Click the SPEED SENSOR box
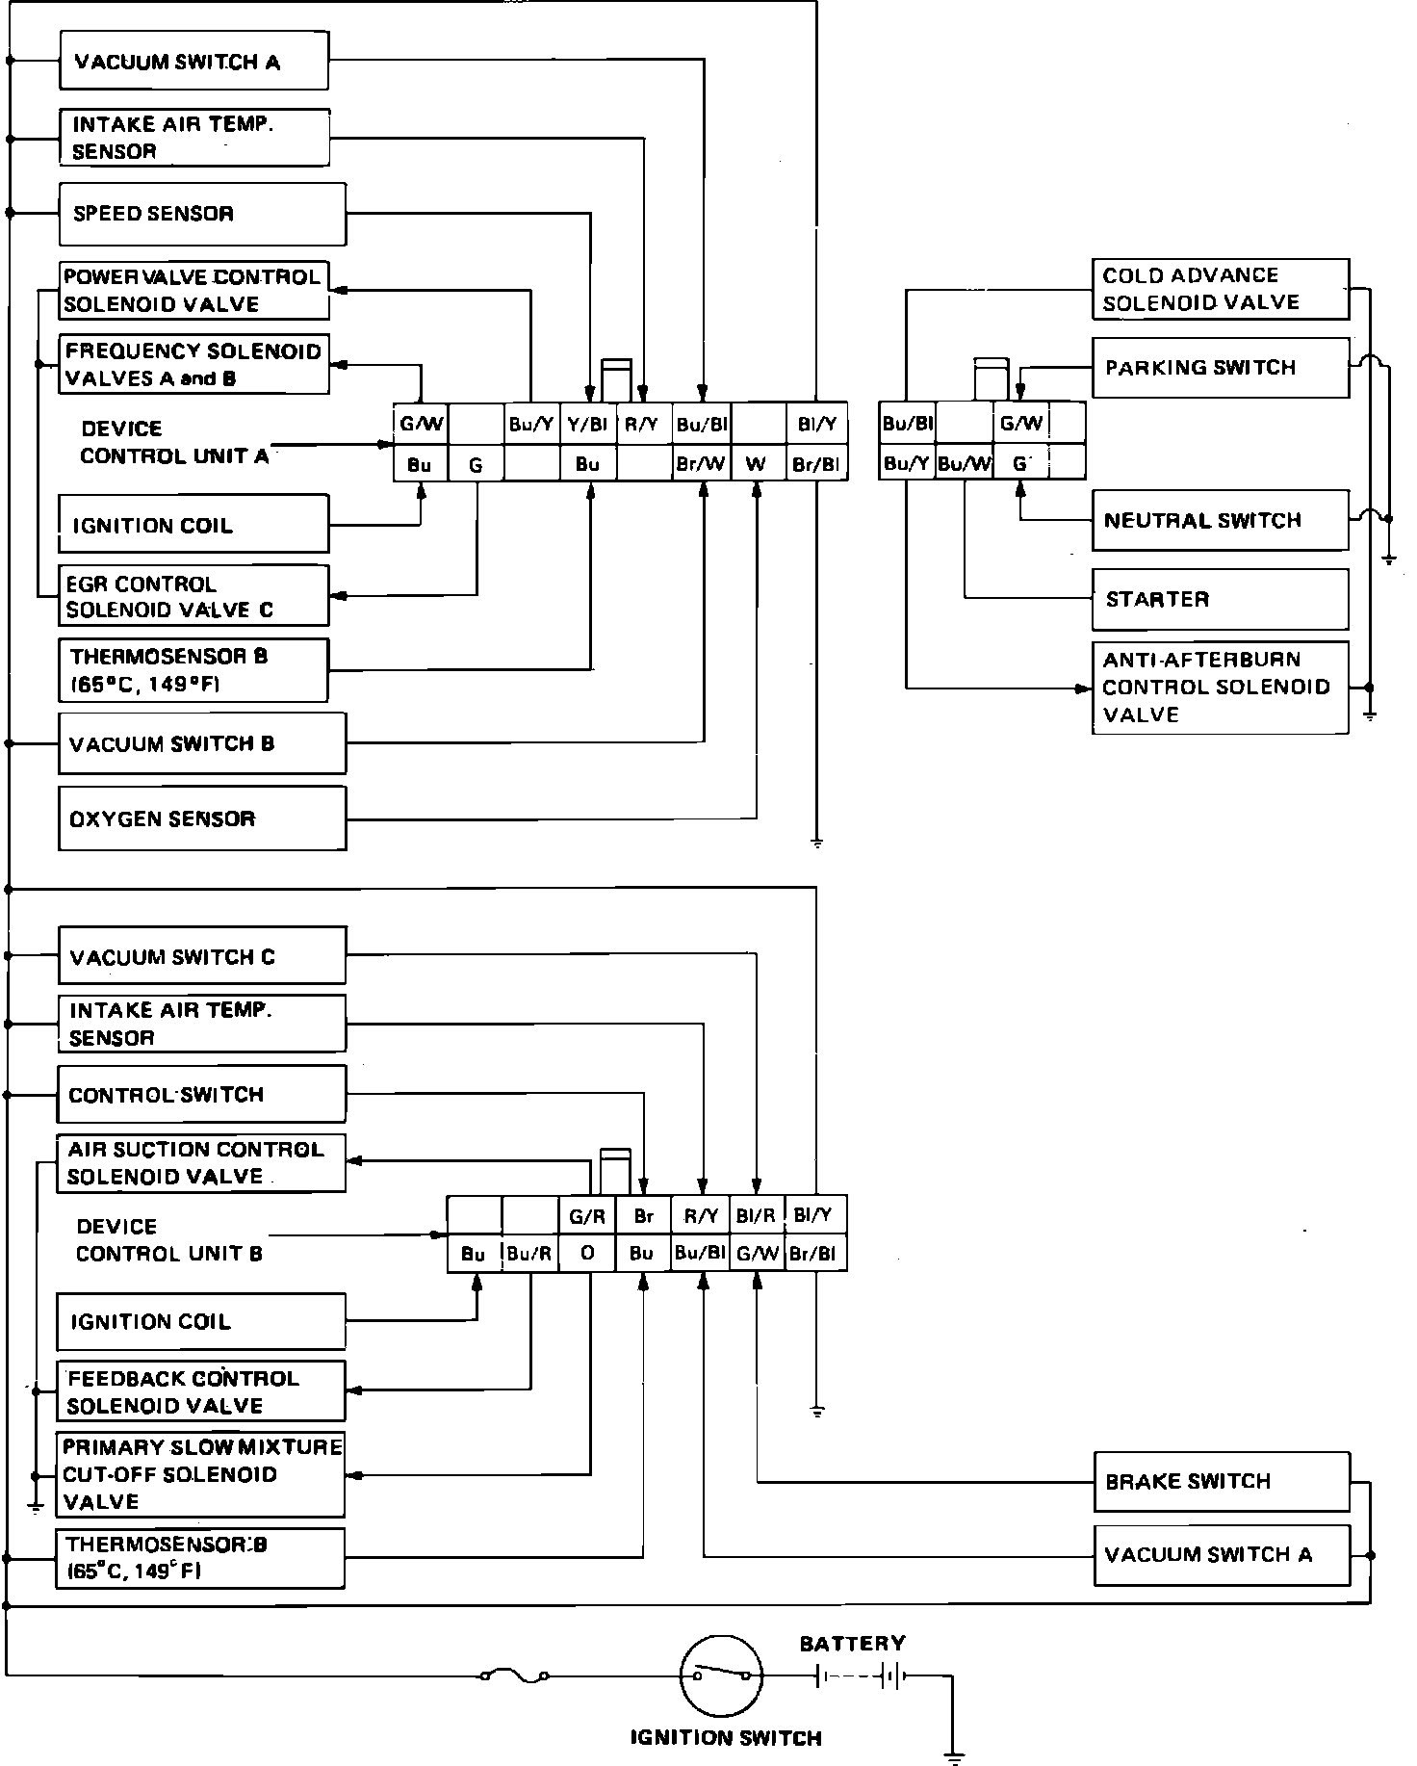[x=202, y=214]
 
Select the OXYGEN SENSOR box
[x=202, y=818]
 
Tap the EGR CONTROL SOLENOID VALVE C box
[x=193, y=596]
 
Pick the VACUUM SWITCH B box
[x=202, y=743]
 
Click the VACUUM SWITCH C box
[x=201, y=956]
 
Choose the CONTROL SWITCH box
[x=201, y=1094]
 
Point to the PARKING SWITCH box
[x=1220, y=367]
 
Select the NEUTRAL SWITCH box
[x=1220, y=521]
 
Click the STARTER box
[x=1220, y=599]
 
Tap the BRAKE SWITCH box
[x=1222, y=1481]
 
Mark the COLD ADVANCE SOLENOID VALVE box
[x=1220, y=289]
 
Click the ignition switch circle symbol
[x=722, y=1676]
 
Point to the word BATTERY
[x=852, y=1644]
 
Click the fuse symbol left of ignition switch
[x=515, y=1676]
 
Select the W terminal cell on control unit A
[x=758, y=464]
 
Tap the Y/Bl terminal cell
[x=587, y=424]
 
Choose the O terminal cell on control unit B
[x=587, y=1253]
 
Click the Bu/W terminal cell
[x=964, y=463]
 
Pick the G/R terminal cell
[x=587, y=1216]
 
